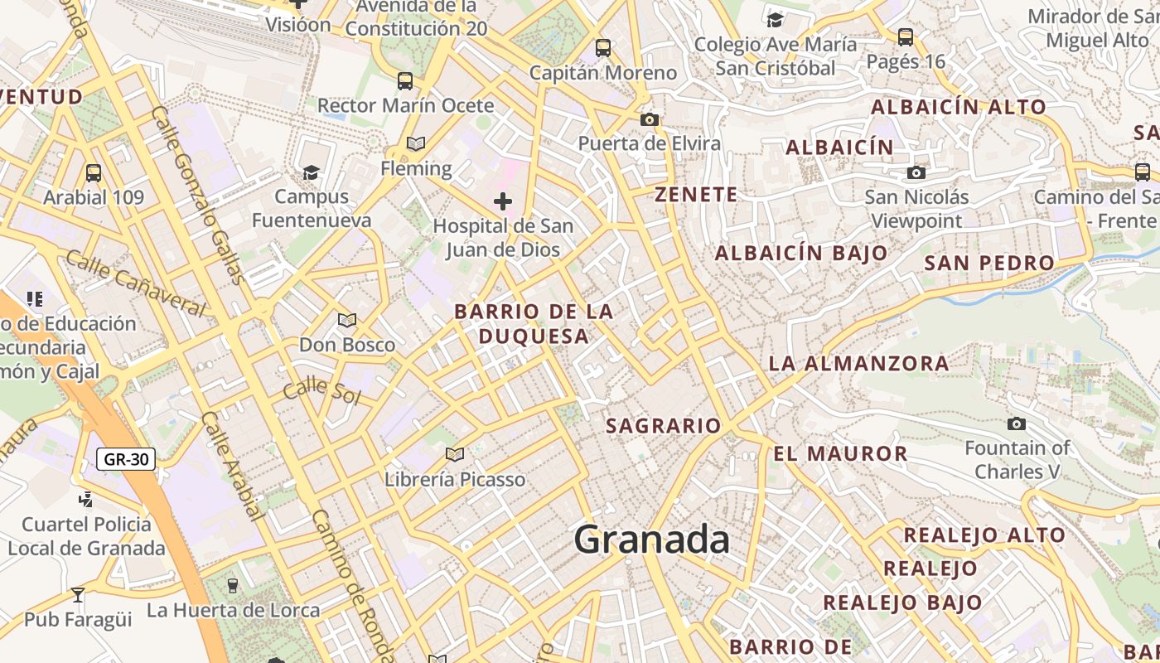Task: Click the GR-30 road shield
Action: point(126,458)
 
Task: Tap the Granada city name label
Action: point(652,540)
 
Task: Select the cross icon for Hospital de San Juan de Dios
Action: point(503,201)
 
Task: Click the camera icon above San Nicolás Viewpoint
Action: point(916,172)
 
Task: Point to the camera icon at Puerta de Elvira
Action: point(650,119)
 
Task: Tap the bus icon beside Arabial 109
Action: point(94,173)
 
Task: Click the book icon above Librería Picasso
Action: point(454,454)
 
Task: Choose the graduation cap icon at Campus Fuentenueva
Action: point(311,172)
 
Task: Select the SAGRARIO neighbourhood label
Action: point(664,426)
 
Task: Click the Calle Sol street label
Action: point(322,391)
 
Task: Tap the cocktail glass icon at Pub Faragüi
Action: point(78,594)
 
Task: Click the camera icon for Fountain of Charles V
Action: point(1016,423)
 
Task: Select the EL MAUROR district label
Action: point(840,453)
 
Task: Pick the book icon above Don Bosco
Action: point(347,320)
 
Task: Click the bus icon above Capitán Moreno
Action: point(603,48)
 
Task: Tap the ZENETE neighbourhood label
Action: point(696,195)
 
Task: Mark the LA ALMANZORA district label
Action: point(858,363)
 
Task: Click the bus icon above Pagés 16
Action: point(905,36)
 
